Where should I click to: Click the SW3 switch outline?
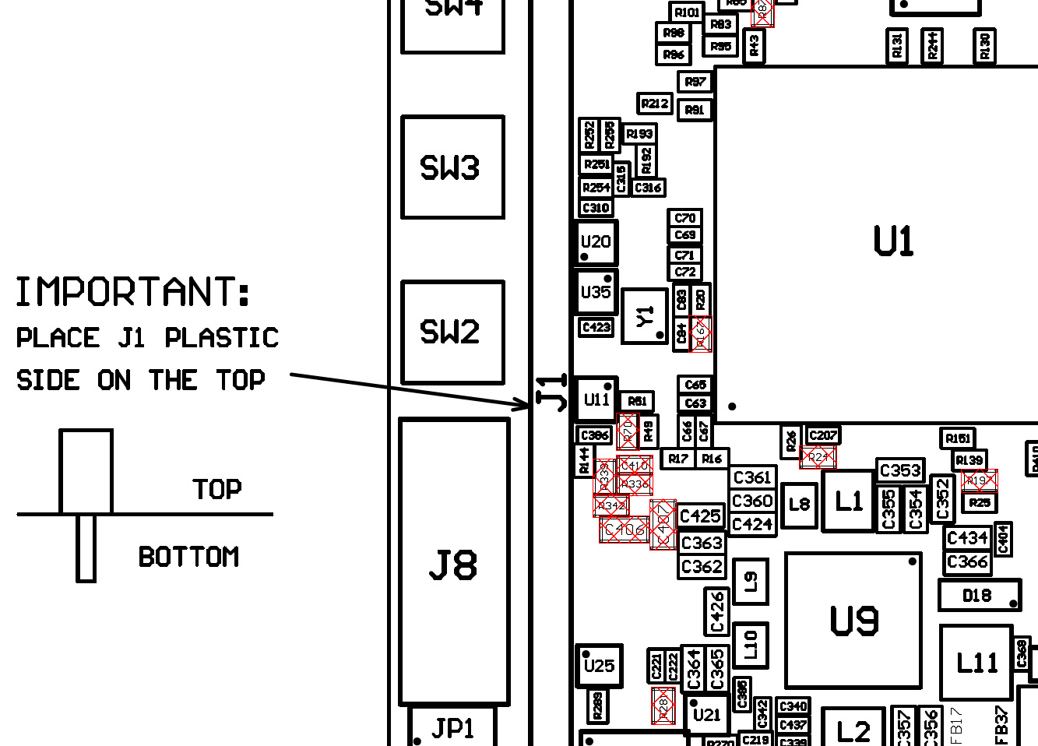[x=452, y=167]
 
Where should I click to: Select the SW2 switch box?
[x=452, y=333]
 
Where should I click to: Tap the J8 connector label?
[x=453, y=565]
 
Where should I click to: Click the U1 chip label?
[x=893, y=241]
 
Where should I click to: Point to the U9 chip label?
[x=854, y=621]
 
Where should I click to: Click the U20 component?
[x=596, y=242]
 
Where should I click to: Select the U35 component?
[x=596, y=292]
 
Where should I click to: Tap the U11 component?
[x=596, y=399]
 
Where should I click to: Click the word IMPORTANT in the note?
[x=133, y=293]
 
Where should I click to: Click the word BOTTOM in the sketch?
[x=188, y=557]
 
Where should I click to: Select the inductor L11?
[x=976, y=663]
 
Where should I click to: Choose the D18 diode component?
[x=978, y=596]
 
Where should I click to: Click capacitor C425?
[x=701, y=516]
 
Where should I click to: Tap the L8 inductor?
[x=800, y=505]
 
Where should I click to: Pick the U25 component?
[x=599, y=666]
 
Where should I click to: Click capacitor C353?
[x=900, y=470]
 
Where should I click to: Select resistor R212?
[x=655, y=104]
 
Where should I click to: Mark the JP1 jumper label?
[x=452, y=728]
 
